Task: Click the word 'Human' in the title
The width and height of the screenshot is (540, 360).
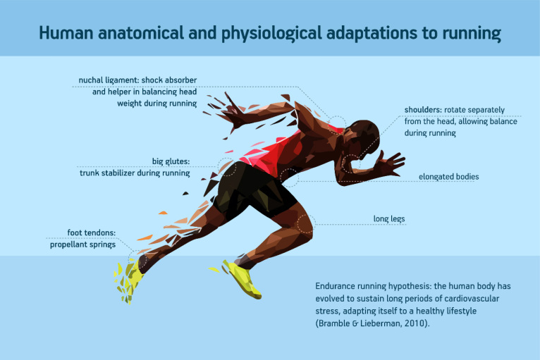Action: (66, 33)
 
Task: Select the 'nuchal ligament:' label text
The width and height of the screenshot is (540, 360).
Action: (109, 80)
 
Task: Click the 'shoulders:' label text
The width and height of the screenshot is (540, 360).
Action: (423, 110)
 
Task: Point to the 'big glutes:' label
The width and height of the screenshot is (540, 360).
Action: (171, 161)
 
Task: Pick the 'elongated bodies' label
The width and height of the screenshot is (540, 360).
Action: (449, 177)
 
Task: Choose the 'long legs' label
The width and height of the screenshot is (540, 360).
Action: (389, 219)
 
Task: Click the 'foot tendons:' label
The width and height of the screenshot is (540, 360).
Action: (91, 232)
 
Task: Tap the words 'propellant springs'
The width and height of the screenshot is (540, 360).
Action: (82, 244)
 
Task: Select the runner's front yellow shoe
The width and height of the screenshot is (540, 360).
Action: (242, 278)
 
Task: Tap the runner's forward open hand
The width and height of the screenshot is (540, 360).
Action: (390, 163)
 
